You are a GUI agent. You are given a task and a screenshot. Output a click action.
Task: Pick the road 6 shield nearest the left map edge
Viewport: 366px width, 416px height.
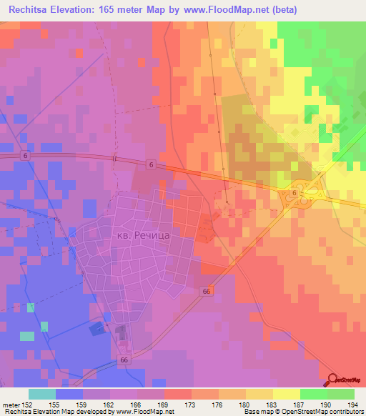tap(26, 156)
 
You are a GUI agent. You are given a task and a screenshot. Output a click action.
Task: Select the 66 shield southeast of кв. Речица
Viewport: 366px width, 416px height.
tap(206, 291)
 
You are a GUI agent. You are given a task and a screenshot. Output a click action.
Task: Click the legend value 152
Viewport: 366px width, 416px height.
tap(27, 404)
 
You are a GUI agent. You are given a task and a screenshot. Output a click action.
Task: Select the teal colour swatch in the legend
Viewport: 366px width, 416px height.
tap(41, 394)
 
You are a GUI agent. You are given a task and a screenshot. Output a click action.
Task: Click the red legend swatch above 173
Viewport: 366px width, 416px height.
tap(177, 394)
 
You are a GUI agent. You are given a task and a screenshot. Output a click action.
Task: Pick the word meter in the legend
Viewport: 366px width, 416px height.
tap(10, 404)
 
